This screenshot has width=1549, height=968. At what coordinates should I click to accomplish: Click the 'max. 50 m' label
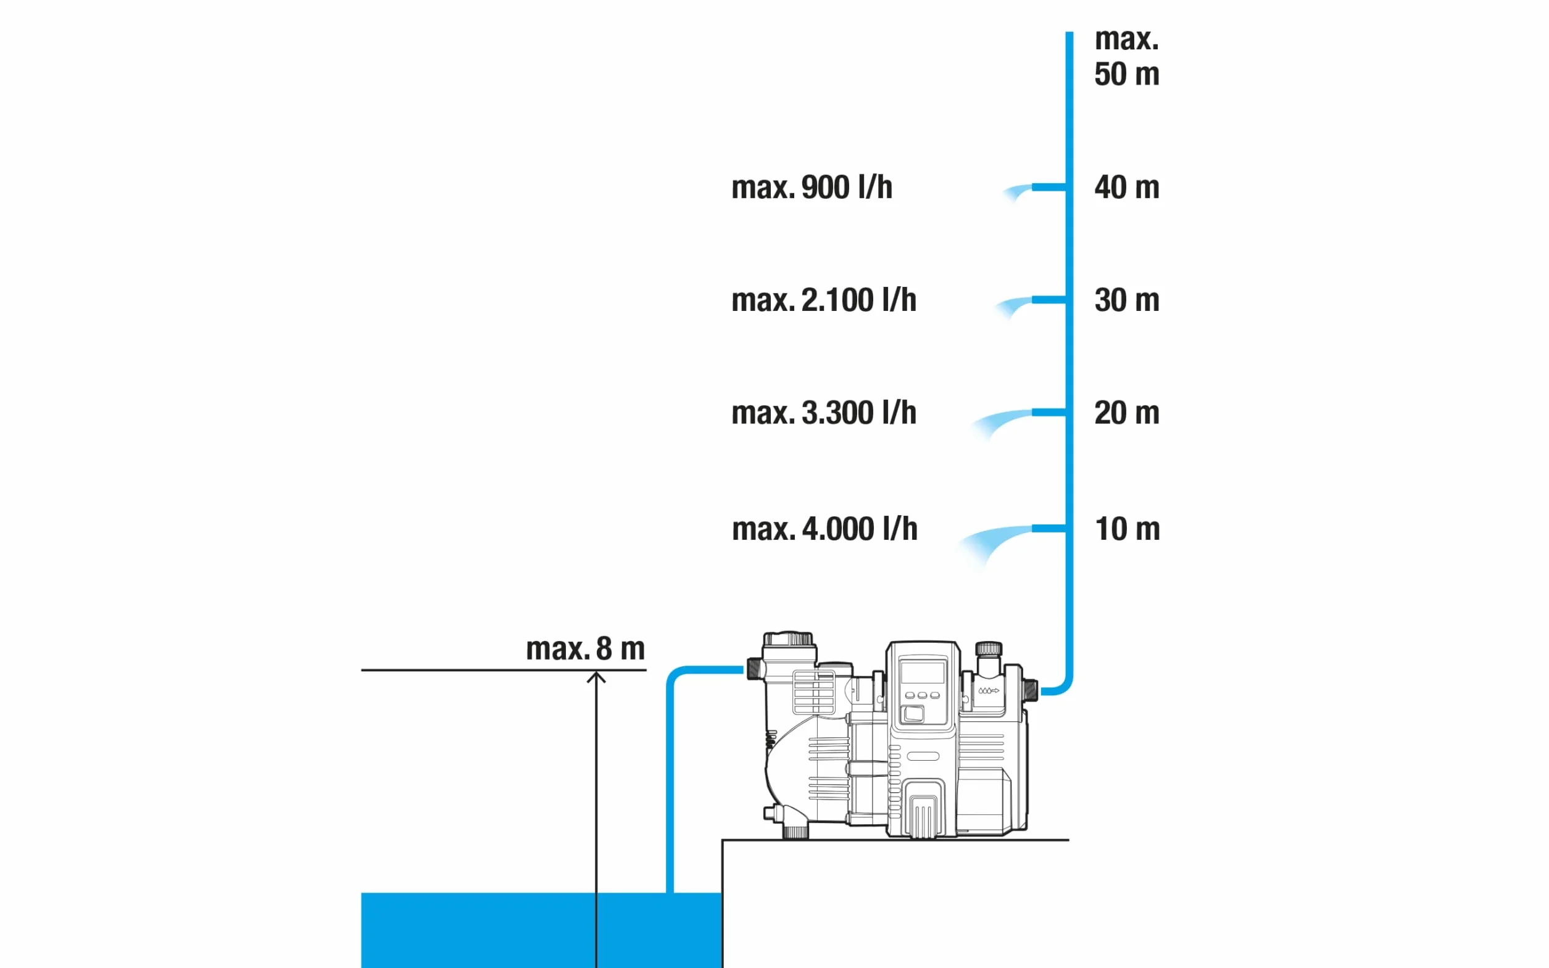1126,56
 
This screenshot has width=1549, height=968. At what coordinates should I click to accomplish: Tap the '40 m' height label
1126,188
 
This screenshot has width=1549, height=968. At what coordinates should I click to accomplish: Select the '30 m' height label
1126,300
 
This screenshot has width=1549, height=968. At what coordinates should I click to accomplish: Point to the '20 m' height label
1126,413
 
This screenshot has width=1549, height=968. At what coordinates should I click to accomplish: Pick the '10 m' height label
1127,529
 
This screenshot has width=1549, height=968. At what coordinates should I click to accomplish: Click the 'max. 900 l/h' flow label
812,188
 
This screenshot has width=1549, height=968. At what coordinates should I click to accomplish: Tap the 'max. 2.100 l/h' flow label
823,300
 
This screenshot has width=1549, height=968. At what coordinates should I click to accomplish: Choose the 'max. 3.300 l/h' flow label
823,413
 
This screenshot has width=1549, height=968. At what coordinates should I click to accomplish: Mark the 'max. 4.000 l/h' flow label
824,529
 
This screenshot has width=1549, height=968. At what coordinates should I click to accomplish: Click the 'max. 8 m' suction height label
585,648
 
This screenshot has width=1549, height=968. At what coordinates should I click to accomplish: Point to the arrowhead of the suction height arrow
596,676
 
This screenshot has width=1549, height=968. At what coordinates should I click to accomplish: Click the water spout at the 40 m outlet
1017,192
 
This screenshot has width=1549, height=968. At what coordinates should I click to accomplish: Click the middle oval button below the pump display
922,695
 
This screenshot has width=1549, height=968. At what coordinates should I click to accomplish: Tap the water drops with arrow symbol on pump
988,691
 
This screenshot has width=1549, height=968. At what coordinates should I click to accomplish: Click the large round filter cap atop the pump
788,639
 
